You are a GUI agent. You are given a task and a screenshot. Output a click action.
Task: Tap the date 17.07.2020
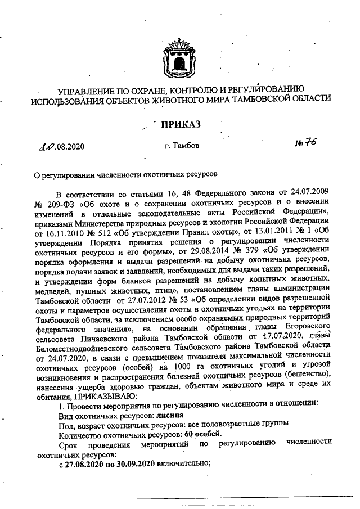tap(272, 338)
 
